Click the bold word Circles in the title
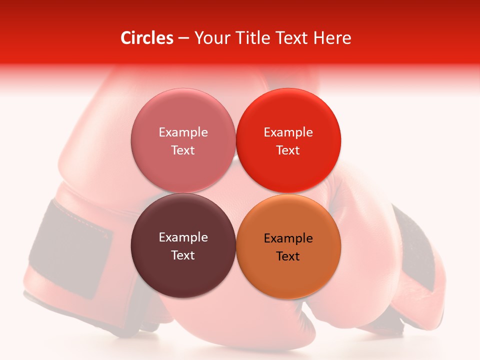coord(147,38)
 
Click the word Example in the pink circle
coord(183,132)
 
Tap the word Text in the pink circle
coord(183,150)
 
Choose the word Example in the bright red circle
coord(288,132)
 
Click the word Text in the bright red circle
coord(288,150)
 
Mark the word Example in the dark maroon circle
coord(183,237)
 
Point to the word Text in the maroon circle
coord(183,255)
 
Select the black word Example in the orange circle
coord(288,238)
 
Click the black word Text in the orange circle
coord(288,256)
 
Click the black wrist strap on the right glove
coord(415,250)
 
